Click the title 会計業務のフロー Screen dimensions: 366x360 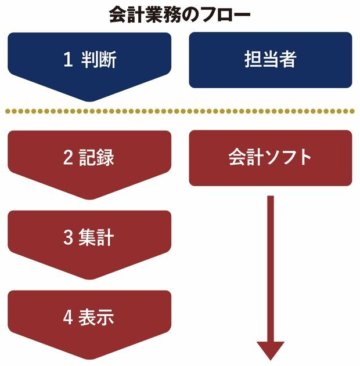[x=179, y=14]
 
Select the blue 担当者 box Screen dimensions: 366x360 [x=271, y=60]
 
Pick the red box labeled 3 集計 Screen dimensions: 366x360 [x=89, y=238]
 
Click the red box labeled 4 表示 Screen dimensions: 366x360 [x=89, y=318]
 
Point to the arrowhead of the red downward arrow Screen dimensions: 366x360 [x=271, y=350]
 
